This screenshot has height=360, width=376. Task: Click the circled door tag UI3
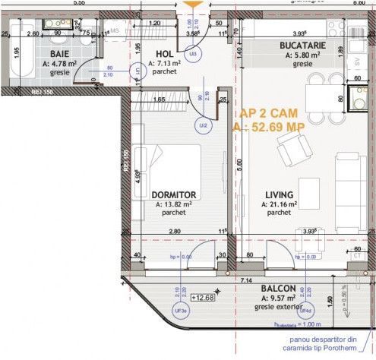[193, 55]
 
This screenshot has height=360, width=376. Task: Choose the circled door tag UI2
[203, 125]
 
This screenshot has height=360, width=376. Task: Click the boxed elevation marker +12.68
[203, 296]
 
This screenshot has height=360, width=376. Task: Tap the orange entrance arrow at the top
[197, 6]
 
